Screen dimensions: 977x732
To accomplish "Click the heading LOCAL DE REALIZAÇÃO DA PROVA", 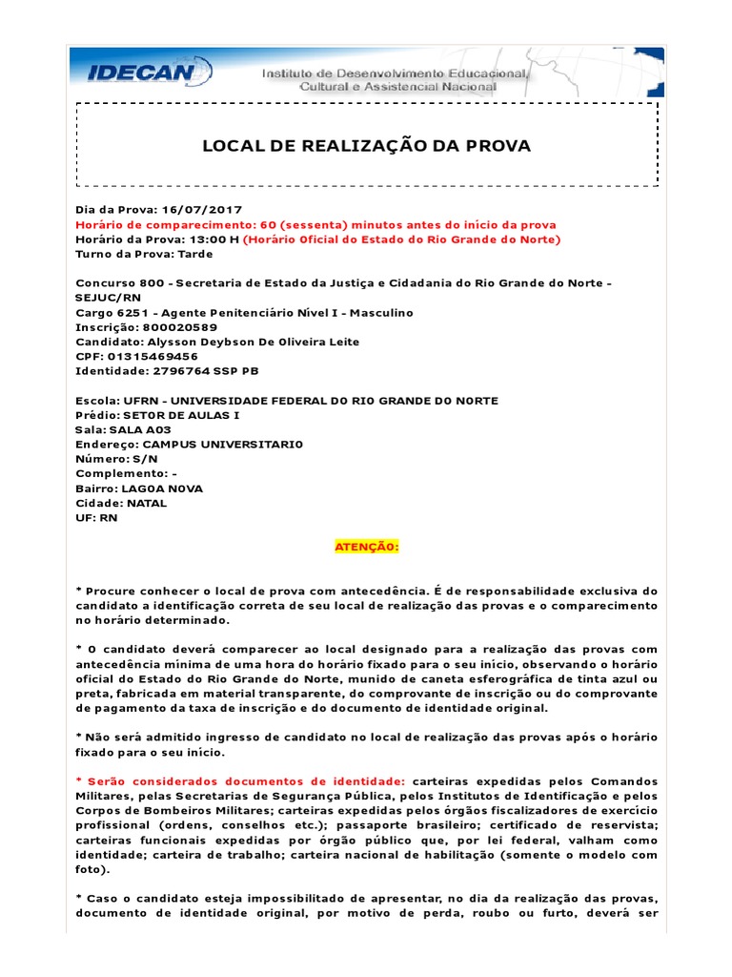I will click(366, 146).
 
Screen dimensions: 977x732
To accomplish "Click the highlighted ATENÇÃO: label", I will click(366, 548).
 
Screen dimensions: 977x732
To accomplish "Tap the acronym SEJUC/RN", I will click(108, 298).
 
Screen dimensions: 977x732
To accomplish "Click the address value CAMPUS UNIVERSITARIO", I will click(220, 445).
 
